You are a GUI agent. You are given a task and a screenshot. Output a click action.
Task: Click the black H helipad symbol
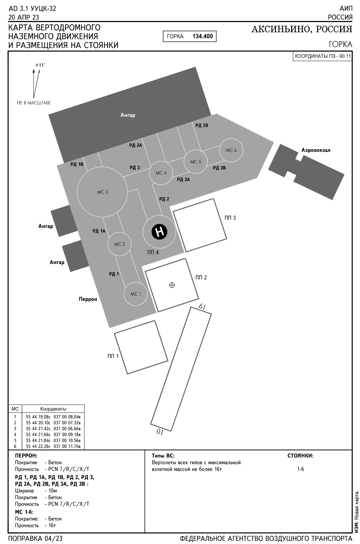[x=160, y=232]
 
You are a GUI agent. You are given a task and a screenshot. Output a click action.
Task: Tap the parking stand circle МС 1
[x=135, y=294]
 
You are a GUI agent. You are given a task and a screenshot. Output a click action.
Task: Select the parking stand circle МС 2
[x=119, y=244]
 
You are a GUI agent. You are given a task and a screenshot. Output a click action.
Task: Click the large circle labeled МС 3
[x=102, y=192]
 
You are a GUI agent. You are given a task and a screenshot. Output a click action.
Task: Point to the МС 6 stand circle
[x=231, y=150]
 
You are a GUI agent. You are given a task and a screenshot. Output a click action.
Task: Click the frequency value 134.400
[x=203, y=36]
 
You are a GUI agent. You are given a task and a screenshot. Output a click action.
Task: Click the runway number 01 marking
[x=160, y=432]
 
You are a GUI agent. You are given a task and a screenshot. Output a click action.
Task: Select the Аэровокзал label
[x=316, y=150]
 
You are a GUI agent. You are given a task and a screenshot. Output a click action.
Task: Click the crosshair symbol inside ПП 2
[x=172, y=285]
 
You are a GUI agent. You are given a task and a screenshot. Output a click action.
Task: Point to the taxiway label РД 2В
[x=202, y=125]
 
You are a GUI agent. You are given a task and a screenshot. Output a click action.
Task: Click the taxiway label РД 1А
[x=99, y=231]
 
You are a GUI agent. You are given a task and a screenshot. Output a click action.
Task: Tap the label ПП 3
[x=230, y=218]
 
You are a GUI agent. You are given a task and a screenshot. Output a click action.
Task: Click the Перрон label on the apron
[x=88, y=299]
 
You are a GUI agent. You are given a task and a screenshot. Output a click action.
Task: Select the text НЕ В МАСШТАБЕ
[x=34, y=103]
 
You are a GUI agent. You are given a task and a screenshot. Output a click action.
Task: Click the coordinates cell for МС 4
[x=53, y=434]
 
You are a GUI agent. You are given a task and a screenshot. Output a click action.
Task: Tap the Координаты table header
[x=53, y=409]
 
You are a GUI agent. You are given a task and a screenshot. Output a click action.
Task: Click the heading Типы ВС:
[x=163, y=455]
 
